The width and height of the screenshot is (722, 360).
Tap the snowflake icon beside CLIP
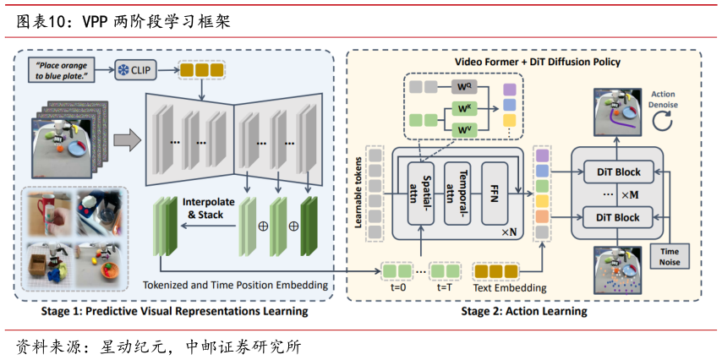click(x=122, y=70)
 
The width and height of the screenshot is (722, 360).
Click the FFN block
click(x=495, y=186)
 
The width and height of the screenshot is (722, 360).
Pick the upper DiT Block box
click(x=617, y=172)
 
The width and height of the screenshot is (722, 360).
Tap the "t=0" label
click(x=396, y=287)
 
